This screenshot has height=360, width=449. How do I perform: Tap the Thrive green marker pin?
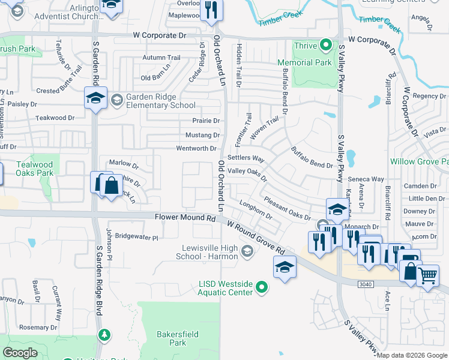325,45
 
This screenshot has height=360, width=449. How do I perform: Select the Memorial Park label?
304,62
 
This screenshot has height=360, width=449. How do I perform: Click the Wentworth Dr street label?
196,148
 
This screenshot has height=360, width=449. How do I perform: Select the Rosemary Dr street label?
38,328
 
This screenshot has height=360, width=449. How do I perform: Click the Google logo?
20,353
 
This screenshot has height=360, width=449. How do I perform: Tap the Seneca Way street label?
369,179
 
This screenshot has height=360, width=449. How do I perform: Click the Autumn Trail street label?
161,58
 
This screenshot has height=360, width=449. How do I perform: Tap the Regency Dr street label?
429,96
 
